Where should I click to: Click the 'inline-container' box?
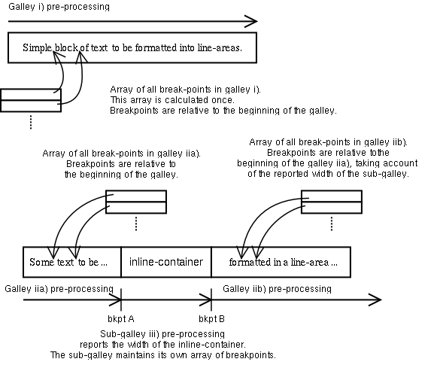166,262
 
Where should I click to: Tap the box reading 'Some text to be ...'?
72,262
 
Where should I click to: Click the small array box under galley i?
31,100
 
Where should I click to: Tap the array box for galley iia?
135,201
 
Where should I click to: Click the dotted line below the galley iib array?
332,224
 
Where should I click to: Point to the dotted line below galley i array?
31,123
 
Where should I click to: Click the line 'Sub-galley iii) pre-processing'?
162,333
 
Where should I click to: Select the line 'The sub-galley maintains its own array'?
162,354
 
